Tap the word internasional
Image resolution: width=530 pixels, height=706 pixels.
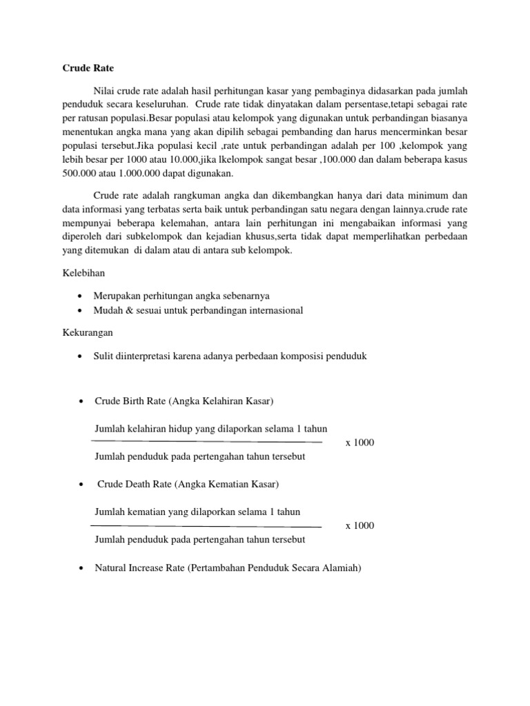point(269,310)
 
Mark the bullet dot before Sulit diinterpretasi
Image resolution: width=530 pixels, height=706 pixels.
point(81,356)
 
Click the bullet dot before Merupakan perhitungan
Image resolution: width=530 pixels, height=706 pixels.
point(81,296)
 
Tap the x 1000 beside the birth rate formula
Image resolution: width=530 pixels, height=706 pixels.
point(359,443)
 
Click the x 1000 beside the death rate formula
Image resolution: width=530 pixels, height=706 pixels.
point(359,526)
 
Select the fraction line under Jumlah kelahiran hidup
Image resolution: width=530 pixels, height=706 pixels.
point(207,442)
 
